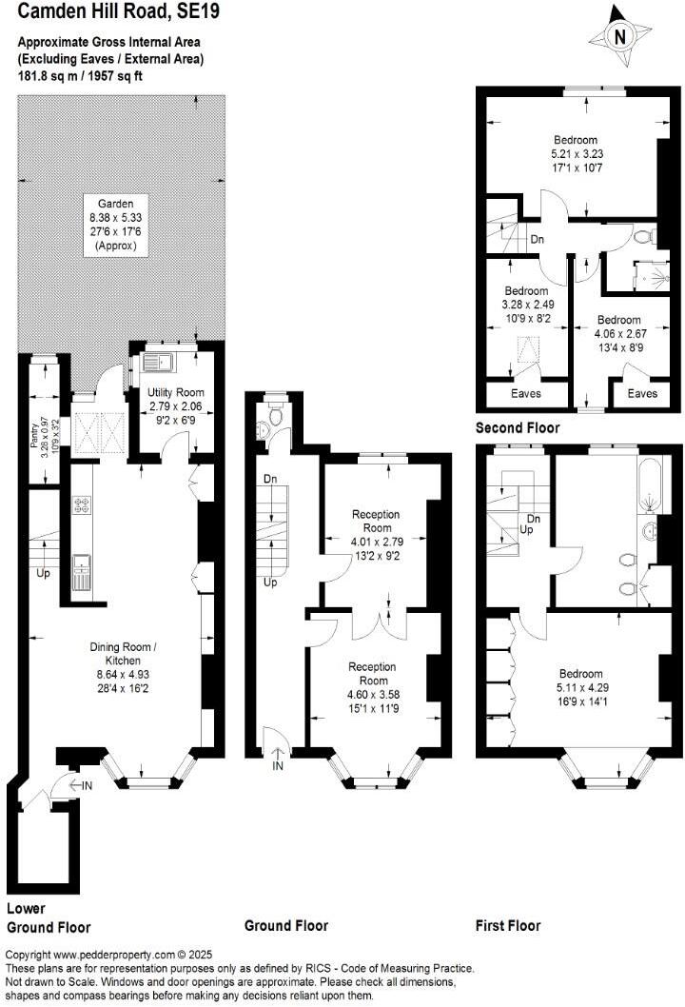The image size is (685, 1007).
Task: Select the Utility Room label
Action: pyautogui.click(x=175, y=392)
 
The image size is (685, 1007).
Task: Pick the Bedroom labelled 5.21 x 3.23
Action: pyautogui.click(x=574, y=140)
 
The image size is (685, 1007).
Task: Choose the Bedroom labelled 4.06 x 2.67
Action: pyautogui.click(x=618, y=320)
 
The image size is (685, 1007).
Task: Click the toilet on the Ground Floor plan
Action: pyautogui.click(x=275, y=416)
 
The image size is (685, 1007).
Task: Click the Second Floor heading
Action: pyautogui.click(x=518, y=428)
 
